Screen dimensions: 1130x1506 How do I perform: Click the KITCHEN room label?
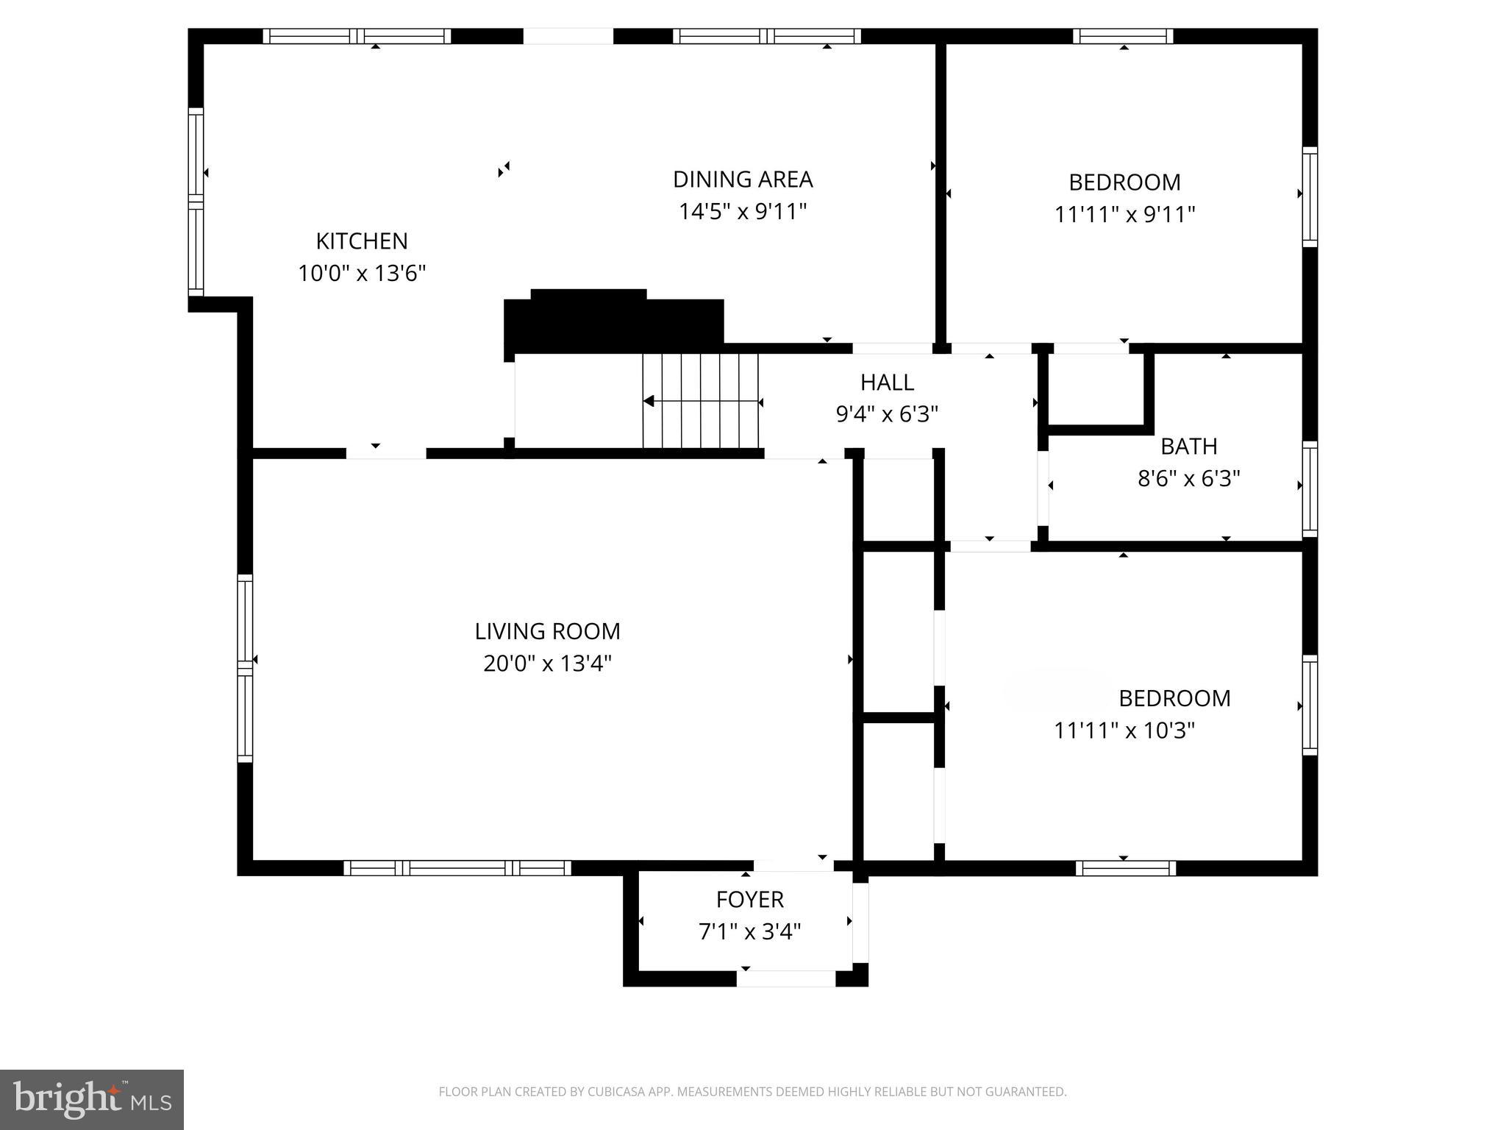[361, 241]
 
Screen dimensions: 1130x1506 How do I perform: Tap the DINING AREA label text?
[742, 179]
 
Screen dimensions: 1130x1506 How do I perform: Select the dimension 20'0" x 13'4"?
[547, 664]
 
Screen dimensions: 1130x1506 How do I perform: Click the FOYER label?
[749, 899]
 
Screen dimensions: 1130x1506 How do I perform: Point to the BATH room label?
[1188, 446]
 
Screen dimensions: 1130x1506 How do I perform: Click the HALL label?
[887, 382]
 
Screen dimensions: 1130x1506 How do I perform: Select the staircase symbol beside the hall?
[701, 401]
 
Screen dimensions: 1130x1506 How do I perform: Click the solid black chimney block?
[614, 321]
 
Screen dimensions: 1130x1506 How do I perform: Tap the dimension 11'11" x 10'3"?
[1124, 731]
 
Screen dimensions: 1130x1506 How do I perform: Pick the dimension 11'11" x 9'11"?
[1124, 214]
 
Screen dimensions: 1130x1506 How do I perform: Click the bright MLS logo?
[92, 1099]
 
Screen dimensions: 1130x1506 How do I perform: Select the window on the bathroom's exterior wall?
[1309, 488]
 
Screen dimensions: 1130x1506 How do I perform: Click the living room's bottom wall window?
[457, 868]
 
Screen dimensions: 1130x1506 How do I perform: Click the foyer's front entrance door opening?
[786, 978]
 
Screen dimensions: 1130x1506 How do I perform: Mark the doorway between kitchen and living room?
[386, 453]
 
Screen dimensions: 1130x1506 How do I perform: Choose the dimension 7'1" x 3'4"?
[749, 931]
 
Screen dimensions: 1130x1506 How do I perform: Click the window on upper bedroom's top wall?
[1123, 36]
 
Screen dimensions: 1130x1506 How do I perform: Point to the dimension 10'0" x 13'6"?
[361, 273]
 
